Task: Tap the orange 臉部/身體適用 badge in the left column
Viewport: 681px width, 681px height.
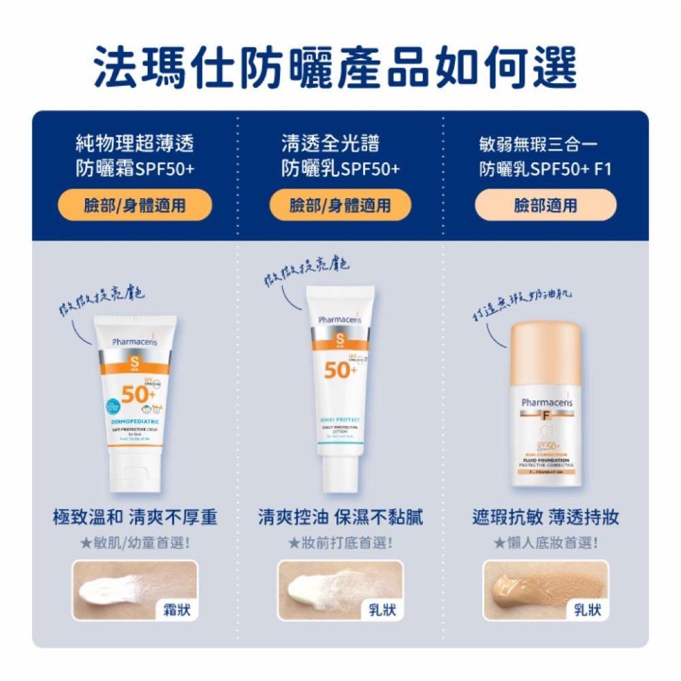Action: coord(135,205)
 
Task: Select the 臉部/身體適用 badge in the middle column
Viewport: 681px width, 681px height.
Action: coord(340,205)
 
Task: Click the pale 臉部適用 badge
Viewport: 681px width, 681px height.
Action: coord(545,205)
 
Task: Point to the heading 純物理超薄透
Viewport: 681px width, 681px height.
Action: coord(135,144)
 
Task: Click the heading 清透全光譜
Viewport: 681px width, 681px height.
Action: coord(331,144)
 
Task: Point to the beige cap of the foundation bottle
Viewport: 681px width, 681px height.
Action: coord(545,353)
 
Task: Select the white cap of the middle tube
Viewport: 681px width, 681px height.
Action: coord(340,470)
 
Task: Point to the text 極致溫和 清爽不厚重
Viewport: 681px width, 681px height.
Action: coord(135,518)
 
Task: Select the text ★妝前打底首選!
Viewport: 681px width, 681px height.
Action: coord(340,543)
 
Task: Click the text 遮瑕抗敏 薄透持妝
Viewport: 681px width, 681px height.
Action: coord(545,518)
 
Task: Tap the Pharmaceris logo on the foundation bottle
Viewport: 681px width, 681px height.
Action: coord(547,402)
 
